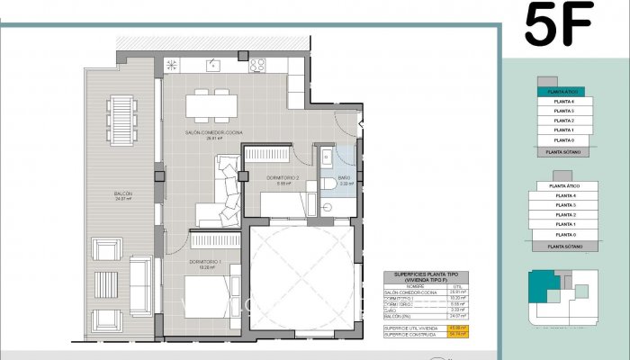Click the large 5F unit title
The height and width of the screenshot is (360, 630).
click(x=558, y=25)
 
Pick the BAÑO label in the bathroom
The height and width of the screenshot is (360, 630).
click(x=344, y=179)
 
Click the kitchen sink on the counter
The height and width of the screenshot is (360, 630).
click(x=213, y=65)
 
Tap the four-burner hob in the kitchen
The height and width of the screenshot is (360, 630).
click(x=256, y=65)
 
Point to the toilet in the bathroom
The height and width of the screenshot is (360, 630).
click(x=327, y=184)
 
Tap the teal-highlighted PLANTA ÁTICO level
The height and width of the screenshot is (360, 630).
click(x=561, y=92)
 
